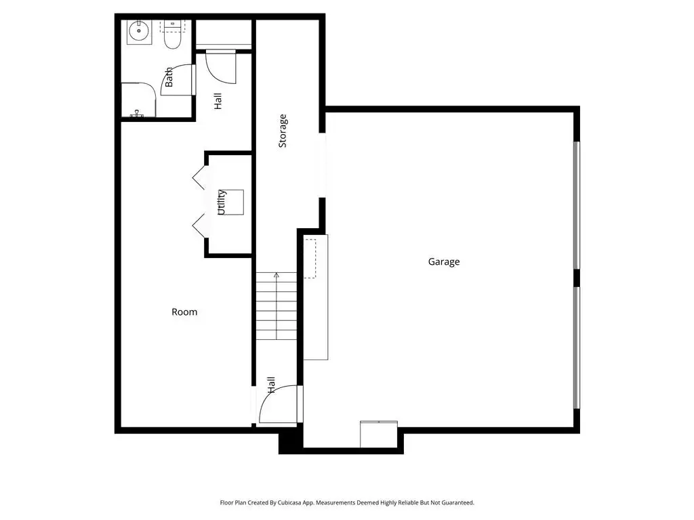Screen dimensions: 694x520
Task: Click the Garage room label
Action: click(x=443, y=262)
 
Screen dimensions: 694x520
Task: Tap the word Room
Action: click(x=184, y=311)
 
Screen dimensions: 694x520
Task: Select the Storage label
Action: click(x=283, y=131)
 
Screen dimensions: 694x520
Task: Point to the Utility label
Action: click(x=222, y=202)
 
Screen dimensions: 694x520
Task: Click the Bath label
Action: click(x=169, y=77)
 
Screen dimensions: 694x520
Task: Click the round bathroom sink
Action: click(x=139, y=31)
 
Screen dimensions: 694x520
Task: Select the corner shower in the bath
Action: click(x=138, y=100)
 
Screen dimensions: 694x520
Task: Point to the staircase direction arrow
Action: click(x=277, y=306)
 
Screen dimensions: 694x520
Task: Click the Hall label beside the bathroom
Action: click(x=218, y=102)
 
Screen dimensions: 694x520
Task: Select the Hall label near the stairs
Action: click(x=271, y=385)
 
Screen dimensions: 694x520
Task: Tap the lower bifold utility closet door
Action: click(x=199, y=226)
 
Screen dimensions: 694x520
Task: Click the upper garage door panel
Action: click(x=576, y=204)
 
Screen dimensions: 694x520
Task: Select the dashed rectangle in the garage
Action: click(x=310, y=259)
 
